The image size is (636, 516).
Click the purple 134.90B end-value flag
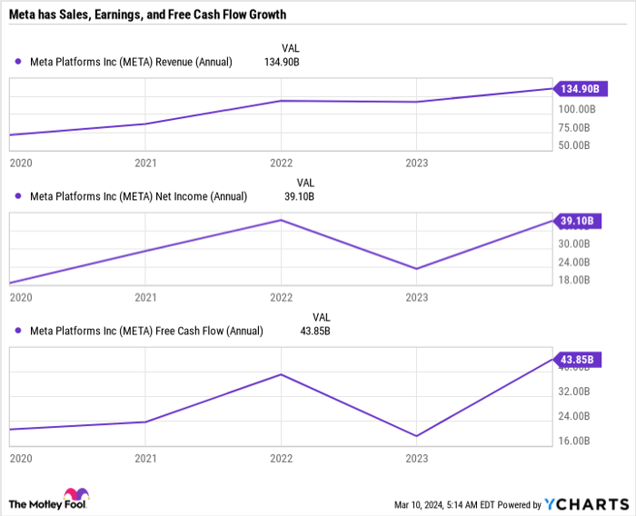pos(578,88)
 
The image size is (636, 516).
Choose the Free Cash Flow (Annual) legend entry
pos(146,331)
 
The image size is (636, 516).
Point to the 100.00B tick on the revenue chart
pos(578,108)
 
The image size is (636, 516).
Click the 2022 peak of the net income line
pos(281,220)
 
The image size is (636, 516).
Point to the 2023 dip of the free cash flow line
pos(416,436)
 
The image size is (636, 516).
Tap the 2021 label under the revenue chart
pos(145,164)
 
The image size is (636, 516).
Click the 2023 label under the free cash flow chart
pos(416,460)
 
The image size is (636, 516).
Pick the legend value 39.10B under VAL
pos(299,196)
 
